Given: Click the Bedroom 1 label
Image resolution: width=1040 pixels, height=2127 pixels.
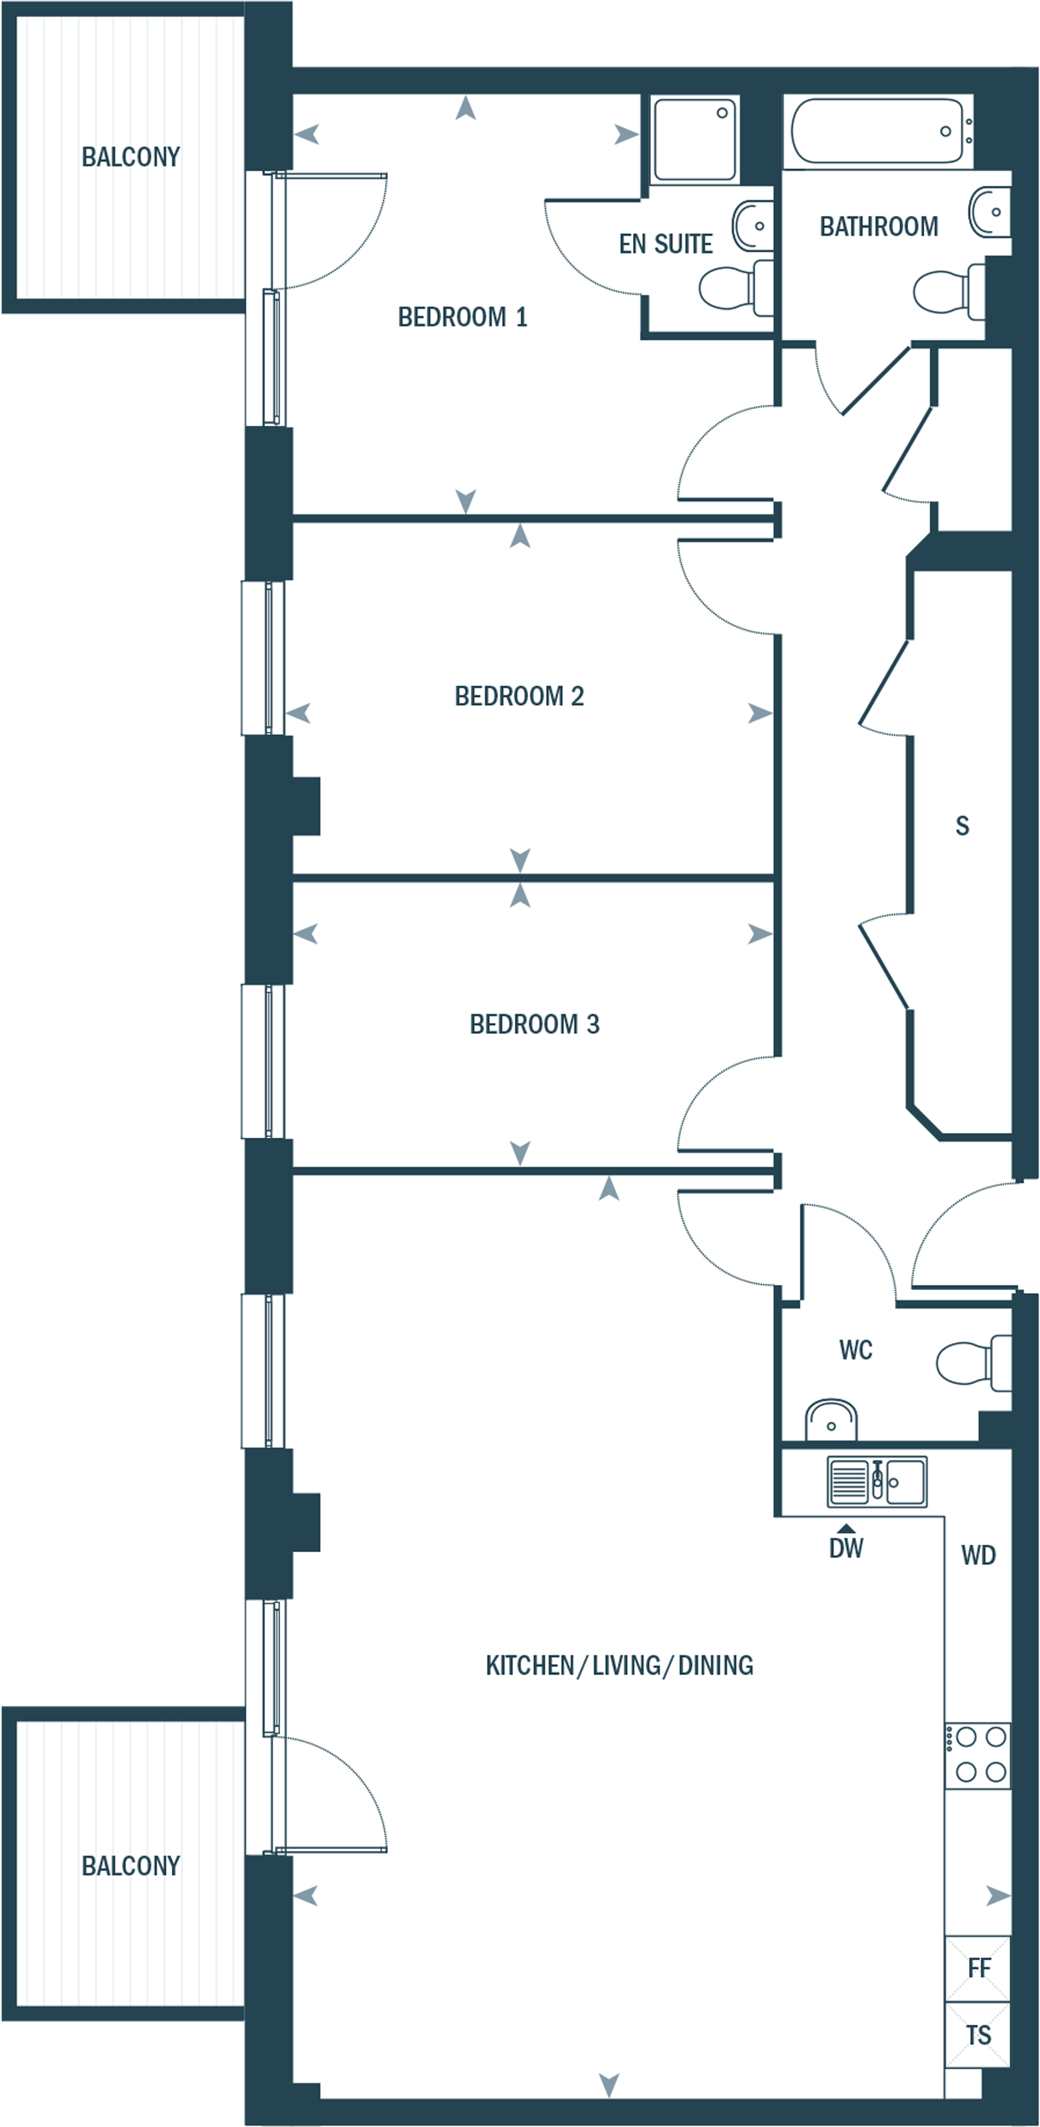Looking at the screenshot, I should click(462, 317).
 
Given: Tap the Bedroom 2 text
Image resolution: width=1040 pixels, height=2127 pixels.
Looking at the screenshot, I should click(519, 696).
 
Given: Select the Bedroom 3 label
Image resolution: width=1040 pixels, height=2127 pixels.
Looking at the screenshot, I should click(534, 1024).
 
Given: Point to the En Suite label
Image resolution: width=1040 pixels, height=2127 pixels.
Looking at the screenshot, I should click(665, 244).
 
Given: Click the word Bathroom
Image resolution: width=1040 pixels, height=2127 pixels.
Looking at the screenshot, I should click(878, 226).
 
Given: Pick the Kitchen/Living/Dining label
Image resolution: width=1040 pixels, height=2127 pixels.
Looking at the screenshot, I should click(619, 1666).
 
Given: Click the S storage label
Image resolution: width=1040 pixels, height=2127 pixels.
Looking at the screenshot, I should click(962, 826).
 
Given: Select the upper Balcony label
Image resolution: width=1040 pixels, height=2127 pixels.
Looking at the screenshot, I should click(130, 157).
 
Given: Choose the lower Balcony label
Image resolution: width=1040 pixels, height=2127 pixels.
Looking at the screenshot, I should click(130, 1866).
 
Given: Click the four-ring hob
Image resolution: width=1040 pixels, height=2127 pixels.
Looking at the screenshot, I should click(977, 1755).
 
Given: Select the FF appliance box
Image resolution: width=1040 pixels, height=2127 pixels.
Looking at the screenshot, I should click(978, 1968).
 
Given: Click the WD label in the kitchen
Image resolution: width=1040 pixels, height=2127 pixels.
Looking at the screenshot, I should click(978, 1556).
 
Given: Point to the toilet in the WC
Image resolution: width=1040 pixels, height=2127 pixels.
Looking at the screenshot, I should click(970, 1362).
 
